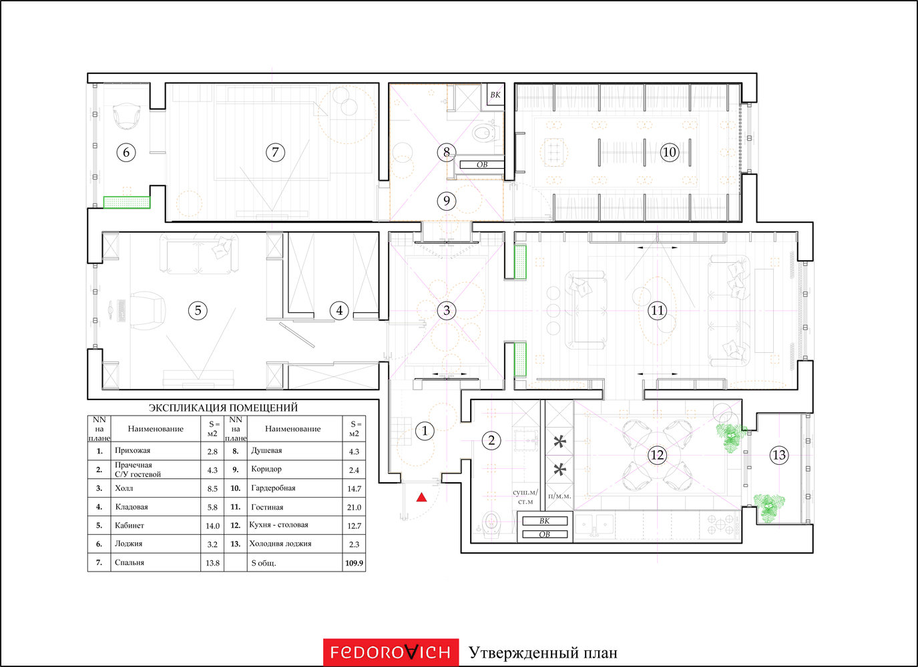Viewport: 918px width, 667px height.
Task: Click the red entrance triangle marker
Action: (x=422, y=498)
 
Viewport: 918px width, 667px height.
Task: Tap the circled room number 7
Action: (x=275, y=152)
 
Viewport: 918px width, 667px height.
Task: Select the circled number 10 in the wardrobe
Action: (x=669, y=152)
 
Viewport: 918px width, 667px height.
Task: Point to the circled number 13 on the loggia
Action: (x=778, y=455)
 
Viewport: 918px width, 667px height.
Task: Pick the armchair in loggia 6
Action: (x=127, y=116)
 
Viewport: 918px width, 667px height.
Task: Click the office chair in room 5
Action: (x=148, y=311)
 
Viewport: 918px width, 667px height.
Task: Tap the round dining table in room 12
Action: (x=657, y=455)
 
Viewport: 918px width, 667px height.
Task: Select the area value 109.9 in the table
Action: (x=354, y=563)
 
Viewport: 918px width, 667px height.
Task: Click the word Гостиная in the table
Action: (x=267, y=507)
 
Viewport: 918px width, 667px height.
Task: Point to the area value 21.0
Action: (x=354, y=508)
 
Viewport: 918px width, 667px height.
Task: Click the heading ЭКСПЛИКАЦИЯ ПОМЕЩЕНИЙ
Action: (x=223, y=408)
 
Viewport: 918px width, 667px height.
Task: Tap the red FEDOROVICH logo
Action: (x=391, y=652)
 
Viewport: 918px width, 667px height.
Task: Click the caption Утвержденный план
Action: (x=543, y=653)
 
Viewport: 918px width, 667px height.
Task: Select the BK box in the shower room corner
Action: (x=495, y=95)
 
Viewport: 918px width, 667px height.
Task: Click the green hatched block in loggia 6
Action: (x=127, y=202)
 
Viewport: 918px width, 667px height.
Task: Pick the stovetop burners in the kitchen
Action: (x=721, y=524)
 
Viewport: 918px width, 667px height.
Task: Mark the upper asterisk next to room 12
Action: (x=560, y=442)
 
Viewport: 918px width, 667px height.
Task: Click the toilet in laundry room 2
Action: (x=491, y=522)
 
